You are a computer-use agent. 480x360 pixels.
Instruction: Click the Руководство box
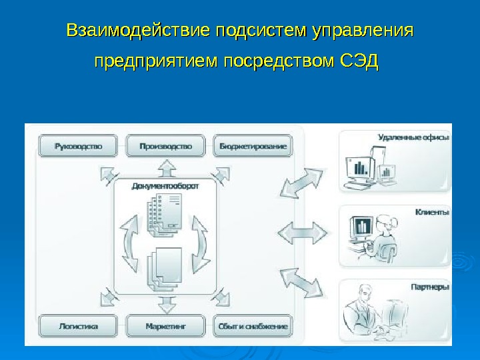coord(78,146)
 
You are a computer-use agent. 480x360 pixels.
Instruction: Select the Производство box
coord(165,146)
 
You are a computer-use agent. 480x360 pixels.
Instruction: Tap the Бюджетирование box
coord(253,146)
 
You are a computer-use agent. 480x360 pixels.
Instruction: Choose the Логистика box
coord(78,326)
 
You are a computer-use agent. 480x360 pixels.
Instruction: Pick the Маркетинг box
coord(165,326)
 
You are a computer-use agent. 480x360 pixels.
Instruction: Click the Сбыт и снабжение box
coord(253,326)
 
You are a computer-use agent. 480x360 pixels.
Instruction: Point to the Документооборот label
coord(165,187)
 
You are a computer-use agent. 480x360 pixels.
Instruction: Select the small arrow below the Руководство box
coord(107,175)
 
